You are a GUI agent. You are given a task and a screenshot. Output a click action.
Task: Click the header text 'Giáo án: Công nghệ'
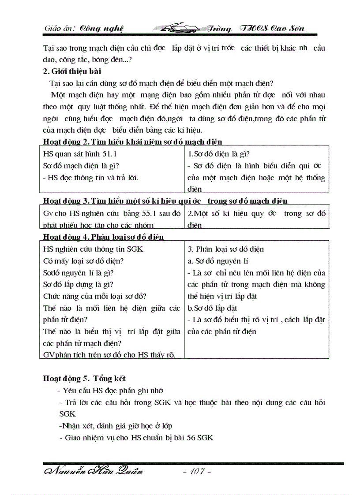(x=83, y=29)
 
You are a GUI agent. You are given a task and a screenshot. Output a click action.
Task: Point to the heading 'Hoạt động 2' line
(x=132, y=141)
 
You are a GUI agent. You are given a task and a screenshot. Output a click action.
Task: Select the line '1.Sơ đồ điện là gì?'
(x=219, y=154)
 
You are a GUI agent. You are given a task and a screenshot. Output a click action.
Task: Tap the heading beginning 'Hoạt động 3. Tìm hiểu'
(x=165, y=201)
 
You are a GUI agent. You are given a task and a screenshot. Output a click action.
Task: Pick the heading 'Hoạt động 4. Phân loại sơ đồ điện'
(x=103, y=237)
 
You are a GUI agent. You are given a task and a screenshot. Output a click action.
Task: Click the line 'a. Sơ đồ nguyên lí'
(x=218, y=261)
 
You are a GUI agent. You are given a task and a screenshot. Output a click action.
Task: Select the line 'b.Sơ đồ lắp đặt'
(x=213, y=308)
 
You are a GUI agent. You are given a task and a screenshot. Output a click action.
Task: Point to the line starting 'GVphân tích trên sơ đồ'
(x=106, y=355)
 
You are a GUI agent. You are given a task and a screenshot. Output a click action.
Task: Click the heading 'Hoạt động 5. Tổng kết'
(x=84, y=379)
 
